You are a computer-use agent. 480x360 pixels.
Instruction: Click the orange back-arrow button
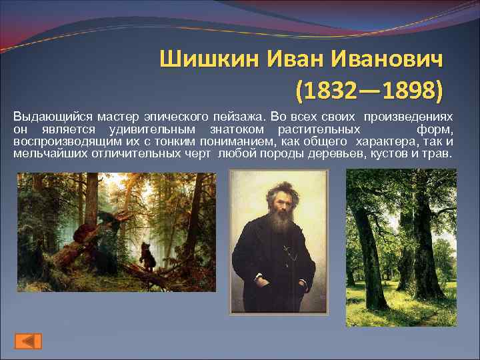28,340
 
